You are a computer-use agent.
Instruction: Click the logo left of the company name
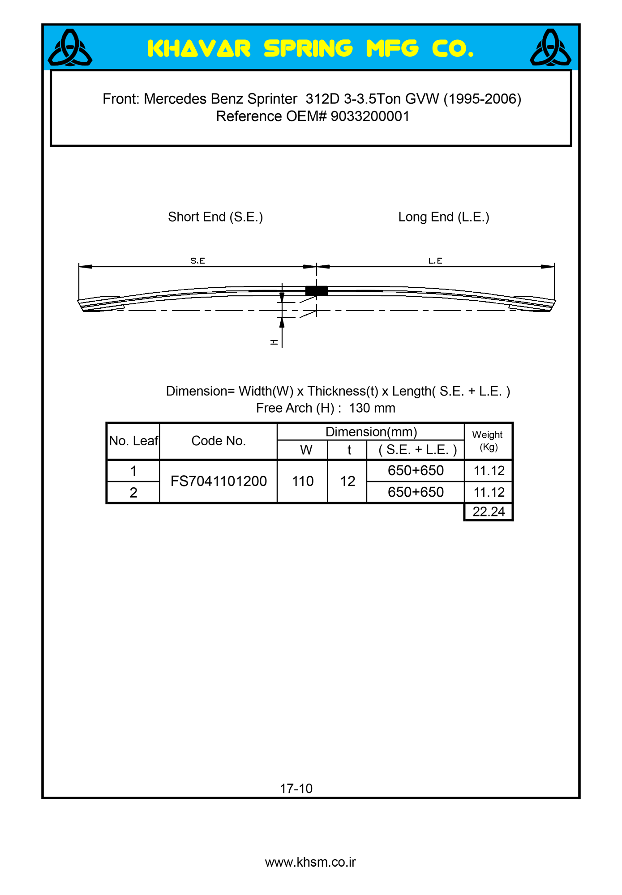point(70,48)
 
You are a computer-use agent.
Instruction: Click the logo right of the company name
point(550,48)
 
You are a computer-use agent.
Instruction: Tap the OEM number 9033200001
point(370,116)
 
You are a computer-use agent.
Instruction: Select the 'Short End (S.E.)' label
point(215,217)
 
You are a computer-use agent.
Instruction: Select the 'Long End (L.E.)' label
point(444,217)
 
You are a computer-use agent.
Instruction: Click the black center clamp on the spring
point(316,291)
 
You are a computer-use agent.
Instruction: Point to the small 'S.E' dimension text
point(197,260)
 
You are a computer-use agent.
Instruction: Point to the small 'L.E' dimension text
point(435,260)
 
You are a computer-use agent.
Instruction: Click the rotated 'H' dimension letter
point(274,342)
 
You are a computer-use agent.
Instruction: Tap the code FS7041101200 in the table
point(219,481)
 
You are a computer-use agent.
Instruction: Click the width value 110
point(303,481)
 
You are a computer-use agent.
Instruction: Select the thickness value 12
point(347,481)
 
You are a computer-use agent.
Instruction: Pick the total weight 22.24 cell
point(489,511)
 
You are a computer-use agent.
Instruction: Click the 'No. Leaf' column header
point(133,441)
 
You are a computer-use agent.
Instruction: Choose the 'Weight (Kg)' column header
point(488,441)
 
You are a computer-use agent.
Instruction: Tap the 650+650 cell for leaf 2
point(416,492)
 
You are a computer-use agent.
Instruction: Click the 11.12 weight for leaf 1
point(489,471)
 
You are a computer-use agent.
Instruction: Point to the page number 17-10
point(296,788)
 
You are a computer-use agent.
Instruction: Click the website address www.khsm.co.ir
point(310,862)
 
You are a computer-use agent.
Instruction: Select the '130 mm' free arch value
point(372,408)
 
